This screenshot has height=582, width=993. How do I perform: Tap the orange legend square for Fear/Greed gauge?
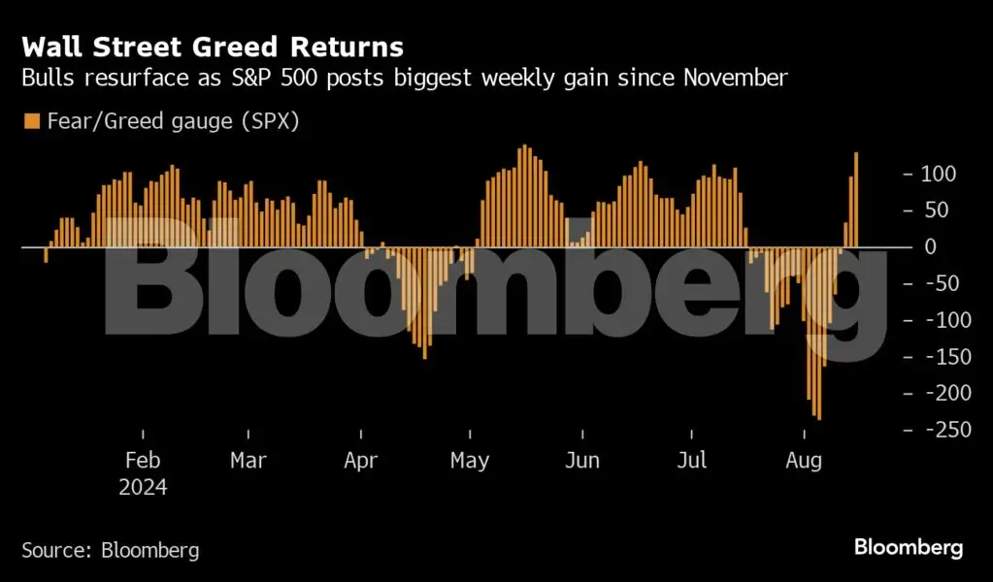tap(32, 121)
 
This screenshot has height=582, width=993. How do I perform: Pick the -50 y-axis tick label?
tap(940, 284)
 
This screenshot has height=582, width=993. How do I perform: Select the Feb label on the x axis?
tap(143, 461)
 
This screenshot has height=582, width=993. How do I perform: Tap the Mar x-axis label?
tap(248, 461)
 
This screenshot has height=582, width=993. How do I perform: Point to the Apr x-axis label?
tap(360, 461)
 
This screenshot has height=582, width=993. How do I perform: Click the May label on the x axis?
tap(470, 461)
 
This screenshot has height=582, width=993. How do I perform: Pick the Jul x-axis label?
tap(692, 461)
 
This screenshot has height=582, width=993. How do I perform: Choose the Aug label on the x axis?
tap(803, 461)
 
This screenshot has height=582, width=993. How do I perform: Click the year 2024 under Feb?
tap(143, 487)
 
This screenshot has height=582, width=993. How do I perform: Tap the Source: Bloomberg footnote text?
tap(110, 551)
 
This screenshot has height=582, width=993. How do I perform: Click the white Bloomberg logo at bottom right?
tap(909, 548)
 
